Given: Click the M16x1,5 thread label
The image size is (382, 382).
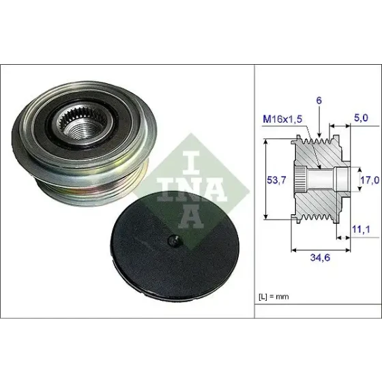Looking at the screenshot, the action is (282, 119).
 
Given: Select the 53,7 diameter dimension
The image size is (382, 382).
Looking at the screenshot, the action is (276, 180).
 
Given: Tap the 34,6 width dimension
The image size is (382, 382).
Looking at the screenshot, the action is (320, 257).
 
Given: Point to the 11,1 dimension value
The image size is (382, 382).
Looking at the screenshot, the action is (361, 229).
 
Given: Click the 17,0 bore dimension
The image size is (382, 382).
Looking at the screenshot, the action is (370, 180).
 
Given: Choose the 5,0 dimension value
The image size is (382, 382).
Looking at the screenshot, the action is (361, 118).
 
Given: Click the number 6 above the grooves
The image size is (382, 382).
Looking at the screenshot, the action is (319, 100).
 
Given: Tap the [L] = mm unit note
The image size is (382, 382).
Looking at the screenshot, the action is (274, 297).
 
